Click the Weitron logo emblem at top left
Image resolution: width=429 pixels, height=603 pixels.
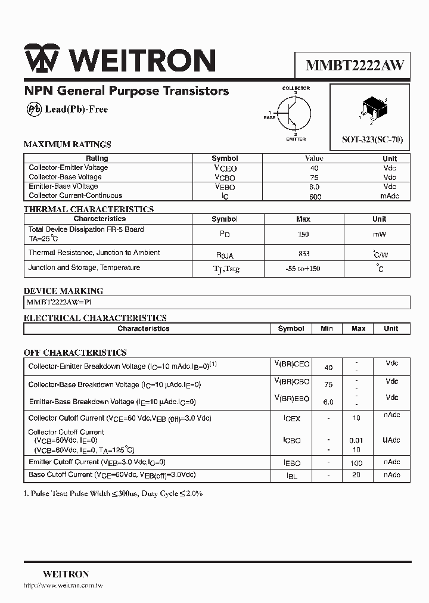pos(41,60)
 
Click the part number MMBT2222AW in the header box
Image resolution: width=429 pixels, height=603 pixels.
pos(355,66)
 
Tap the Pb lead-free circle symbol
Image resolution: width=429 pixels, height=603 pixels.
pos(34,109)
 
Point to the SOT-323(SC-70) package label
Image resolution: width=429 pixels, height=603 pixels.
pos(372,139)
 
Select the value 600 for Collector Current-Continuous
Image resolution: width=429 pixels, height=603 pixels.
pos(315,197)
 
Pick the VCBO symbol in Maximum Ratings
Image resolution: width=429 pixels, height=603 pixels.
pos(225,178)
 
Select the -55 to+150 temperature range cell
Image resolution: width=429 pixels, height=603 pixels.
pos(303,269)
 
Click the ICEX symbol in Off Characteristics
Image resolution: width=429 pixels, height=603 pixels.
pos(292,419)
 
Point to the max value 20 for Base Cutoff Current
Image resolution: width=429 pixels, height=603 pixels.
pos(357,475)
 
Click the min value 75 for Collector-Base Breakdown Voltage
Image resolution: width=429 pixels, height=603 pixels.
pos(328,385)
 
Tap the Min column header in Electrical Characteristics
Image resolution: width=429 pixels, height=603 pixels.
pos(327,328)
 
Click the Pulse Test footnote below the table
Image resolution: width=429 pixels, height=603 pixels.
pos(113,494)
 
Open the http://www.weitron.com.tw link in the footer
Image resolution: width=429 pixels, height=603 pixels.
pos(63,586)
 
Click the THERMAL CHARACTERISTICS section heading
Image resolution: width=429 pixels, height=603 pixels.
pos(88,209)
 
